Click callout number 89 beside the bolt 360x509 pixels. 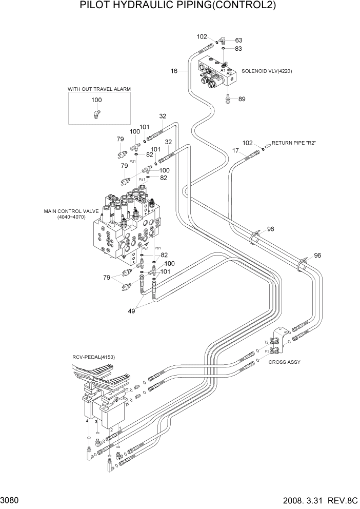click(242, 99)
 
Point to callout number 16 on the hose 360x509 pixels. click(174, 71)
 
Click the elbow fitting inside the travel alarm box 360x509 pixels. click(96, 114)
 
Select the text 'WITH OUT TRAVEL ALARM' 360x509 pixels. click(99, 89)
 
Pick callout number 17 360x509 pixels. click(236, 150)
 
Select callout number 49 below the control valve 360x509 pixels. click(131, 310)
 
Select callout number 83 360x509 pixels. click(238, 49)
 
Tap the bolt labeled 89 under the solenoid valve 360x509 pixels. click(229, 100)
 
